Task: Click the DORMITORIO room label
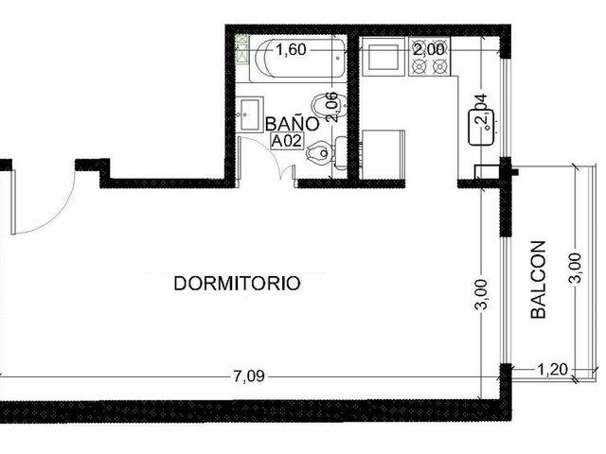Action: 237,284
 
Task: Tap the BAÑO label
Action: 293,124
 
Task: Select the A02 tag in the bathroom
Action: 287,141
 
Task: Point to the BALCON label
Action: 538,280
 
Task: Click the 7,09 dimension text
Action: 249,375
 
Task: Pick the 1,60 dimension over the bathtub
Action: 291,50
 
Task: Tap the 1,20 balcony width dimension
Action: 553,370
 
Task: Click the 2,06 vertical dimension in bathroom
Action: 332,107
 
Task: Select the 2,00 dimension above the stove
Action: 429,50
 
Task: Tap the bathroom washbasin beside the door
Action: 250,114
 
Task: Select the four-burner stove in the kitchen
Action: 429,57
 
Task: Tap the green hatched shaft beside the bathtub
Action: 241,48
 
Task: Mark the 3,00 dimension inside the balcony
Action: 575,268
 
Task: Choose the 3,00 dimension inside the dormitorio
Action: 481,294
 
